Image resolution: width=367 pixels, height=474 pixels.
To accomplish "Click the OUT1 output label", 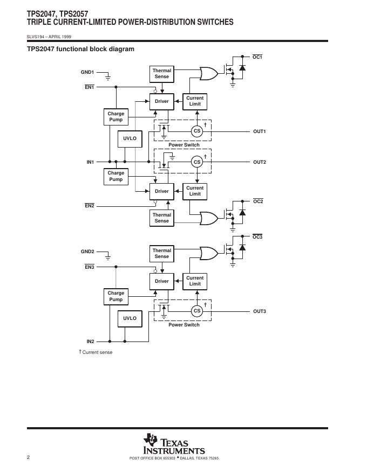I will click(x=260, y=131).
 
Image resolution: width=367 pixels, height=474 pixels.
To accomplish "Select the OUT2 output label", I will click(x=260, y=162).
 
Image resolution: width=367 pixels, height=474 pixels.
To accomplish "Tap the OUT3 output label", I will click(x=260, y=311).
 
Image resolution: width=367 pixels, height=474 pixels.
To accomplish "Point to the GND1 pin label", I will click(x=87, y=72).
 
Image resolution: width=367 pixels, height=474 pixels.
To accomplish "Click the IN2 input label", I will click(x=90, y=341).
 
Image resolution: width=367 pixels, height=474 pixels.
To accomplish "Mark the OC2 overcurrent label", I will click(x=258, y=201).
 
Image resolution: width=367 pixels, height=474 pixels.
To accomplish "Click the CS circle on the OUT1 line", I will click(x=197, y=131).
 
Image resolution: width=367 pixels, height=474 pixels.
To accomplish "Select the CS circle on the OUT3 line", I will click(x=197, y=311).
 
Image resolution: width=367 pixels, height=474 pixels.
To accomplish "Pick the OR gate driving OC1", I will click(x=208, y=73).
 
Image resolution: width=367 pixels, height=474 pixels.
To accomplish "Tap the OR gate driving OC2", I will click(x=208, y=218).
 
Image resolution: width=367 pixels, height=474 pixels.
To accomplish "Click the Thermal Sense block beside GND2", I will click(x=161, y=253).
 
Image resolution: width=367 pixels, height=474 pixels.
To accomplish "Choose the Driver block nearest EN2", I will click(x=161, y=191).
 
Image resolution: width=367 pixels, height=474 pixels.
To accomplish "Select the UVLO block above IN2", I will click(x=130, y=318).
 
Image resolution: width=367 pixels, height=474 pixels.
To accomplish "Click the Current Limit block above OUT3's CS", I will click(x=195, y=281).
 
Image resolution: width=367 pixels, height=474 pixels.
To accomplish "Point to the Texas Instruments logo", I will click(x=174, y=445).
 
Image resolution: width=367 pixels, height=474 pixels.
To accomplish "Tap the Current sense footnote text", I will click(x=97, y=352).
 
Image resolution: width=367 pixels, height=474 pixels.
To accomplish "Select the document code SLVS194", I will click(x=36, y=37).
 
